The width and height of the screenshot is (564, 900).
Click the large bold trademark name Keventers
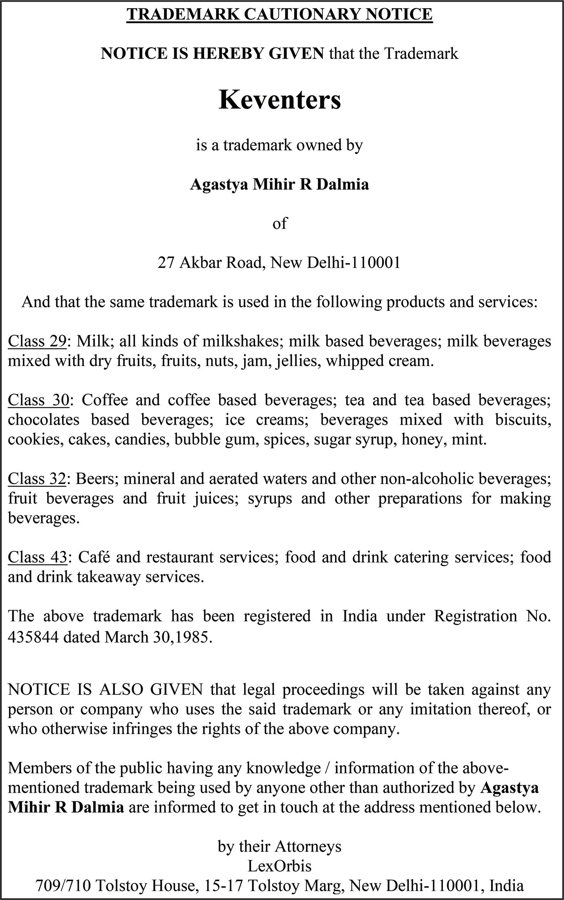tap(279, 100)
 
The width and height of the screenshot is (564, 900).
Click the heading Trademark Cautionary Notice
tap(279, 14)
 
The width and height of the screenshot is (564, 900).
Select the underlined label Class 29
tap(37, 341)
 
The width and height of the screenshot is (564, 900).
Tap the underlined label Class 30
tap(38, 399)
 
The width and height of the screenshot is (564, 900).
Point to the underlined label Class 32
tap(37, 478)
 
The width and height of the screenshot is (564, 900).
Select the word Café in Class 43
tap(93, 557)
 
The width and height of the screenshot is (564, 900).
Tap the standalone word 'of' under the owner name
tap(279, 223)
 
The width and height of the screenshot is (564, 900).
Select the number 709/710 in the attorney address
tap(63, 885)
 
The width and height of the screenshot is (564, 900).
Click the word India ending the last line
tap(507, 885)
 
